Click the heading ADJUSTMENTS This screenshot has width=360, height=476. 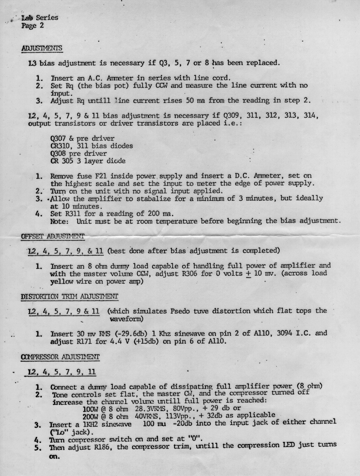pyautogui.click(x=41, y=48)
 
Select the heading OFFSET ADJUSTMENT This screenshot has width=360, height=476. pyautogui.click(x=52, y=236)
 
